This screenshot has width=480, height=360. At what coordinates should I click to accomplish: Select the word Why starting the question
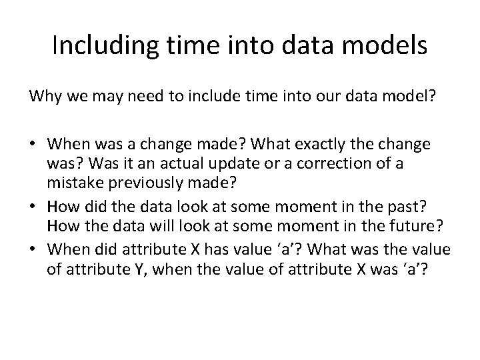(x=42, y=97)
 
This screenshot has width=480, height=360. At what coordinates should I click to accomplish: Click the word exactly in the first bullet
(x=311, y=145)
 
